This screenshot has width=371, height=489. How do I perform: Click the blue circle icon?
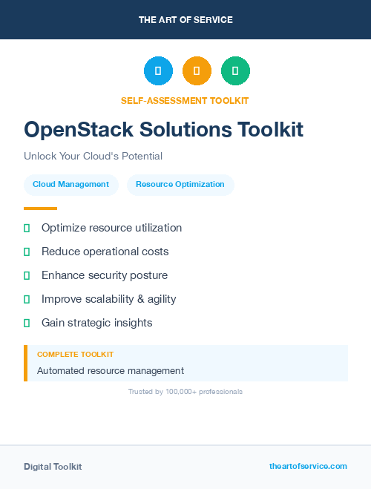pos(158,71)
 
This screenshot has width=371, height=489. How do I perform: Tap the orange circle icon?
pos(197,71)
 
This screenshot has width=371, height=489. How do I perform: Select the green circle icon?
pos(235,71)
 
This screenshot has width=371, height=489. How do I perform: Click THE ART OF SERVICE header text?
pos(185,20)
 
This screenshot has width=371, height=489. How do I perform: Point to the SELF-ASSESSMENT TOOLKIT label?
pos(185,100)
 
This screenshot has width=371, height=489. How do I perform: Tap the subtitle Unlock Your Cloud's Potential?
pos(93,157)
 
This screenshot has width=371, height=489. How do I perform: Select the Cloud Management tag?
pos(70,185)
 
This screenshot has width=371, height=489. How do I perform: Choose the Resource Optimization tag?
pos(180,185)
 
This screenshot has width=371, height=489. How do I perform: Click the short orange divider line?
pos(40,209)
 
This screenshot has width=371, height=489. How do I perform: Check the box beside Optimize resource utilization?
pos(27,229)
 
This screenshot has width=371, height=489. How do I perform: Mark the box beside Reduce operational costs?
pos(27,252)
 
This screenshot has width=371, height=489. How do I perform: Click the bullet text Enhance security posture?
pos(105,275)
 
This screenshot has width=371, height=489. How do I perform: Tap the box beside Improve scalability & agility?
pos(27,300)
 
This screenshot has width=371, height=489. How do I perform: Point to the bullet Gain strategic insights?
pos(96,323)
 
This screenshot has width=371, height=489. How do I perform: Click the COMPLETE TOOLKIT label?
pos(75,355)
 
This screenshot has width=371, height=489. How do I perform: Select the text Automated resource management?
pos(110,371)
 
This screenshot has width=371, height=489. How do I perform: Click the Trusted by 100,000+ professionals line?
pos(185,392)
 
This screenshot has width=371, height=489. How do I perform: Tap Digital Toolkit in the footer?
pos(53,467)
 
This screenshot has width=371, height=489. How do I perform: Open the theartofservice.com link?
pos(308,466)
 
